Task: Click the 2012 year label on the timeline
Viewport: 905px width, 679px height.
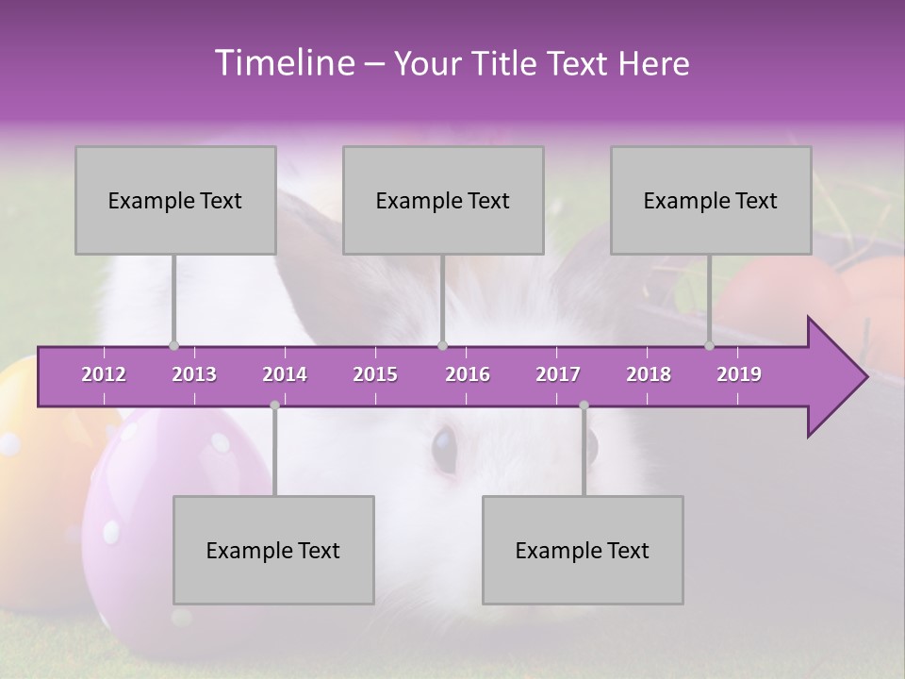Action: (104, 374)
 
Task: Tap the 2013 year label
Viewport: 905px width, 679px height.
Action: (194, 374)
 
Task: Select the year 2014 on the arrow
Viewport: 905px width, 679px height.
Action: (285, 374)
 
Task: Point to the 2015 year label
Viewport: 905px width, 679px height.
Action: (375, 374)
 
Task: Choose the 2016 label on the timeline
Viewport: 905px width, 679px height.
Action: (468, 374)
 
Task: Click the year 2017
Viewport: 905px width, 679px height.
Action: (558, 374)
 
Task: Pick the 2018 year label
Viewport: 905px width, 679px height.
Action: (649, 374)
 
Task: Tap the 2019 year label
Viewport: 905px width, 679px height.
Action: (739, 374)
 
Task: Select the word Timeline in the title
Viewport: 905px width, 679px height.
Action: (283, 63)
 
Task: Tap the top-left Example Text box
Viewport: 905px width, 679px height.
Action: (175, 200)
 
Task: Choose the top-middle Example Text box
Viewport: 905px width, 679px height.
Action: (443, 200)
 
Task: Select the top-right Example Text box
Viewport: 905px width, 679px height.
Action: (711, 200)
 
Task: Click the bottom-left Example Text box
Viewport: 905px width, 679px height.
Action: (273, 550)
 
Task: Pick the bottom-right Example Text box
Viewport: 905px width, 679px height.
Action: (583, 550)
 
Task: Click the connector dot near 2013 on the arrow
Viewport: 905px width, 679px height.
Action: (173, 346)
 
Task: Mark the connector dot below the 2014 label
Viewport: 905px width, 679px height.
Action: (274, 406)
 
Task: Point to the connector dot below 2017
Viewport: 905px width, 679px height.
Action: (584, 406)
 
